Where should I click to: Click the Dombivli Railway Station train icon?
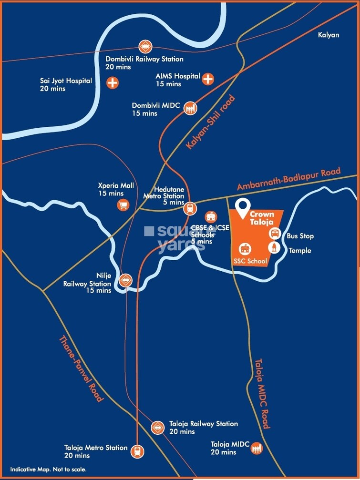(x=144, y=47)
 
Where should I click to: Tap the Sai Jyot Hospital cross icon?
(x=113, y=82)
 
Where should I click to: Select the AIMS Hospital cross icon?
(x=208, y=79)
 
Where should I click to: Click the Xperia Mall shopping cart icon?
(x=123, y=205)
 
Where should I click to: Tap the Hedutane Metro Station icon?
(x=190, y=208)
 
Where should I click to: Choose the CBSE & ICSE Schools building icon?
(x=210, y=217)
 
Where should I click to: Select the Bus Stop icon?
(x=275, y=233)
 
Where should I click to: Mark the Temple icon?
(x=275, y=247)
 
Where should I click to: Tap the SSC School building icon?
(x=245, y=249)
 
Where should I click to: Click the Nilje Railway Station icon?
(x=126, y=280)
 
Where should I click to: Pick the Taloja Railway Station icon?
(x=157, y=428)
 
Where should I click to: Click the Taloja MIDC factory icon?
(x=257, y=448)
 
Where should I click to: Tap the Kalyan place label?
(x=329, y=35)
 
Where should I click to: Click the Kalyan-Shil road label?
(x=210, y=123)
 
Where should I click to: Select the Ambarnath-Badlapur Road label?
(x=289, y=180)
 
